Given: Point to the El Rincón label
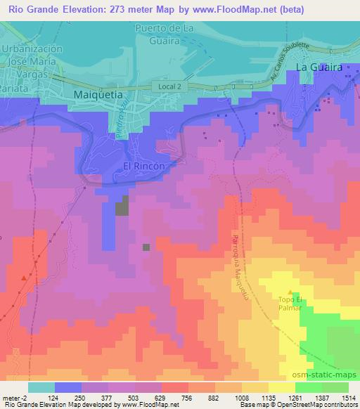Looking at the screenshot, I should coord(143,166).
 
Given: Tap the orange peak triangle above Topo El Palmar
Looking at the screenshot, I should coord(290,292).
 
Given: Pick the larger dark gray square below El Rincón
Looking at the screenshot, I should coord(123,205).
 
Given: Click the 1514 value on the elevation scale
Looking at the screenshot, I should coord(348,398).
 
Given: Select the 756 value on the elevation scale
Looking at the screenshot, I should coord(187,398).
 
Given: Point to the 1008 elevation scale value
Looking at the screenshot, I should coord(240,398).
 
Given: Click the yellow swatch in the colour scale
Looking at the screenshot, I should coord(281,387).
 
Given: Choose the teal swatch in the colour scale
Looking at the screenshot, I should coord(41,387).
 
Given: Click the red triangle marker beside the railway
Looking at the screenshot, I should coord(24,278).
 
